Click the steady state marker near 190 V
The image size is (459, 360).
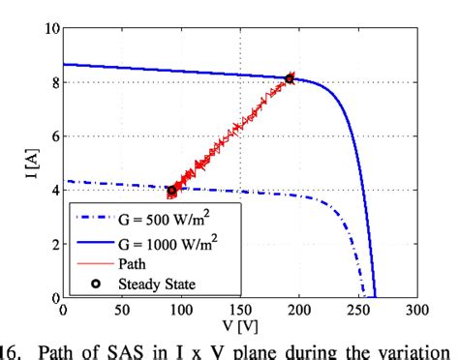pyautogui.click(x=290, y=78)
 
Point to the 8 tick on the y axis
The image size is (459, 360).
pyautogui.click(x=54, y=82)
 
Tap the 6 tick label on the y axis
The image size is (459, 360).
pyautogui.click(x=54, y=136)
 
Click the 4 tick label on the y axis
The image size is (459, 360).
pyautogui.click(x=54, y=190)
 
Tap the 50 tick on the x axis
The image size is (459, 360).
pyautogui.click(x=122, y=311)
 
